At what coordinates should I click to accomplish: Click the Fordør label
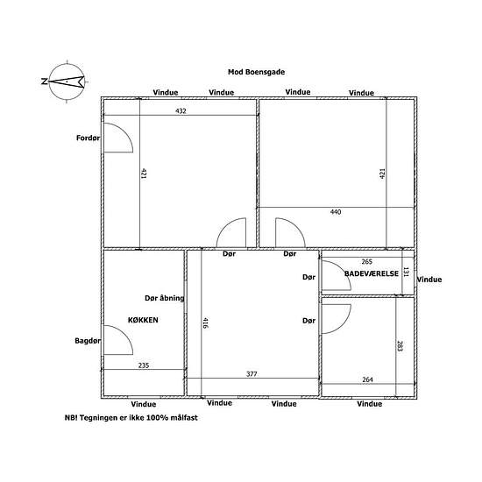pos(88,138)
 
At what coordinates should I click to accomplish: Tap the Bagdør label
pos(88,341)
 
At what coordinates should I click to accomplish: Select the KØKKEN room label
pos(143,320)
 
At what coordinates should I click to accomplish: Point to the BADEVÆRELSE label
pos(372,273)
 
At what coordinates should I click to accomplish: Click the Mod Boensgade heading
pos(257,72)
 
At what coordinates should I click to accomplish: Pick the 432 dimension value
pos(181,110)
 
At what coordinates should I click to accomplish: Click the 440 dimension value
pos(336,212)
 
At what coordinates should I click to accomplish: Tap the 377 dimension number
pos(252,374)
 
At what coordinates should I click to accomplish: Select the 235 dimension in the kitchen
pos(144,365)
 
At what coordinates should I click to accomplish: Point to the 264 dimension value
pos(367,379)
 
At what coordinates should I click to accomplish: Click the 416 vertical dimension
pos(206,323)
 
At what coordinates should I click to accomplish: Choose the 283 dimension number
pos(400,346)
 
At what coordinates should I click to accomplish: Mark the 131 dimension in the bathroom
pos(406,272)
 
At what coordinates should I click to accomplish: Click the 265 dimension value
pos(366,262)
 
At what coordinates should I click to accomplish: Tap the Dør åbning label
pos(165,298)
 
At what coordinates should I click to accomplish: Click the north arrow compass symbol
pos(67,82)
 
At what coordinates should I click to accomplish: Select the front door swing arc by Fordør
pos(124,131)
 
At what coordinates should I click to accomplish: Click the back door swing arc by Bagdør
pos(124,333)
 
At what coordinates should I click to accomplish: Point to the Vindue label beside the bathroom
pos(429,280)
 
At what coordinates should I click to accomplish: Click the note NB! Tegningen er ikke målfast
pos(131,418)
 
